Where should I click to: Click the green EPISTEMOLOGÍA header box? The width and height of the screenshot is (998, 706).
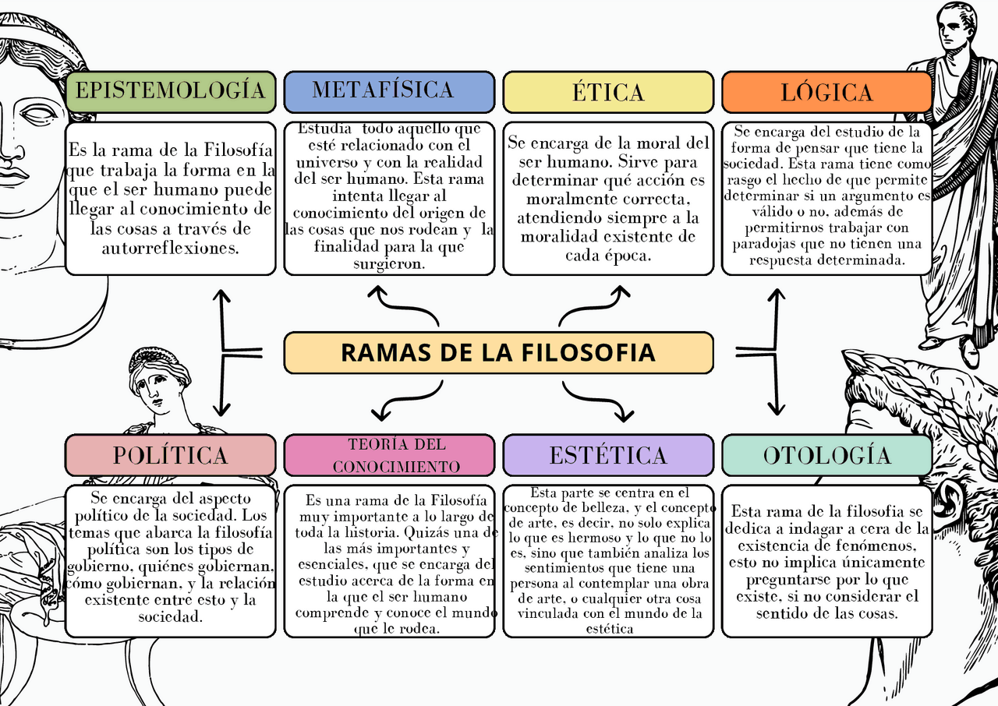point(170,92)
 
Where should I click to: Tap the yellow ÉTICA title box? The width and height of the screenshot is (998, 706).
point(608,92)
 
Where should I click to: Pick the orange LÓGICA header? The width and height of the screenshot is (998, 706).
point(826,92)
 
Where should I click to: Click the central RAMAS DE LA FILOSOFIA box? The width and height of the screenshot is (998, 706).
point(499,352)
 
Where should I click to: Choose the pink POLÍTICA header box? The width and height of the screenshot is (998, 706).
point(170,455)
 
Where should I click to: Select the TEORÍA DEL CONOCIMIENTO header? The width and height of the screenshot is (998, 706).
point(388,455)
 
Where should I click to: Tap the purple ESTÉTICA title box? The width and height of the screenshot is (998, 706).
point(608,455)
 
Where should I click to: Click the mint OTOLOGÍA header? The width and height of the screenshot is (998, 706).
point(826,455)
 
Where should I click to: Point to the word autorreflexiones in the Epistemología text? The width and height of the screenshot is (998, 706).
point(170,249)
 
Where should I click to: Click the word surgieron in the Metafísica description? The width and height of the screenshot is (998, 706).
point(388,263)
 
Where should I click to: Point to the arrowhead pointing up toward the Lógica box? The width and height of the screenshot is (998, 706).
point(775,295)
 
